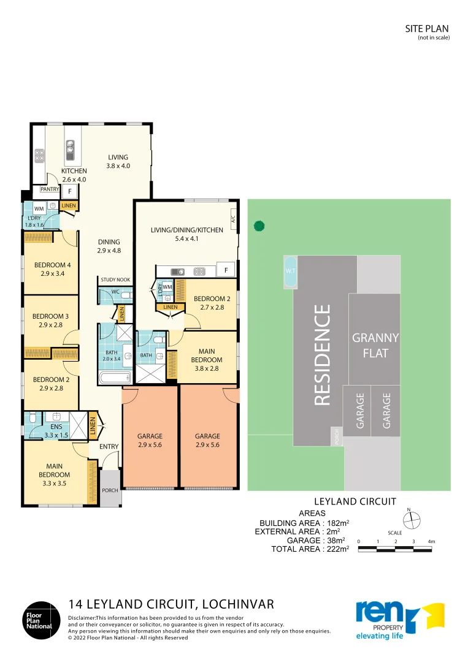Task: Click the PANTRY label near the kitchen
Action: [x=50, y=189]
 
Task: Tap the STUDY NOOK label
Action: [x=115, y=280]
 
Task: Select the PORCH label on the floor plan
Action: [x=110, y=490]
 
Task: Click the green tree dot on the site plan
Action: [x=259, y=226]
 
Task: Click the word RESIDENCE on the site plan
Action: [x=322, y=355]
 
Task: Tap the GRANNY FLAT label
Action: [x=375, y=345]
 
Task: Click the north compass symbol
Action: [x=412, y=520]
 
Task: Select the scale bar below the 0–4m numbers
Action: [x=395, y=549]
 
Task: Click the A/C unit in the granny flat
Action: [x=232, y=219]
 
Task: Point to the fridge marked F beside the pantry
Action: [x=70, y=192]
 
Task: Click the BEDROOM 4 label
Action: [x=52, y=265]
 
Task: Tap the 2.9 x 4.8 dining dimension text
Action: [x=109, y=250]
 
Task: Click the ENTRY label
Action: [x=109, y=446]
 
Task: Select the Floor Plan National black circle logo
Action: [x=41, y=620]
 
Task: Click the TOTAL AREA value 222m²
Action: [x=338, y=549]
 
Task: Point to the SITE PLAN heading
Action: [x=427, y=29]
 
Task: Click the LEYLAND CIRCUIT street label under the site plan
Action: [x=355, y=501]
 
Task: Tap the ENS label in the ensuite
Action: [x=56, y=427]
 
